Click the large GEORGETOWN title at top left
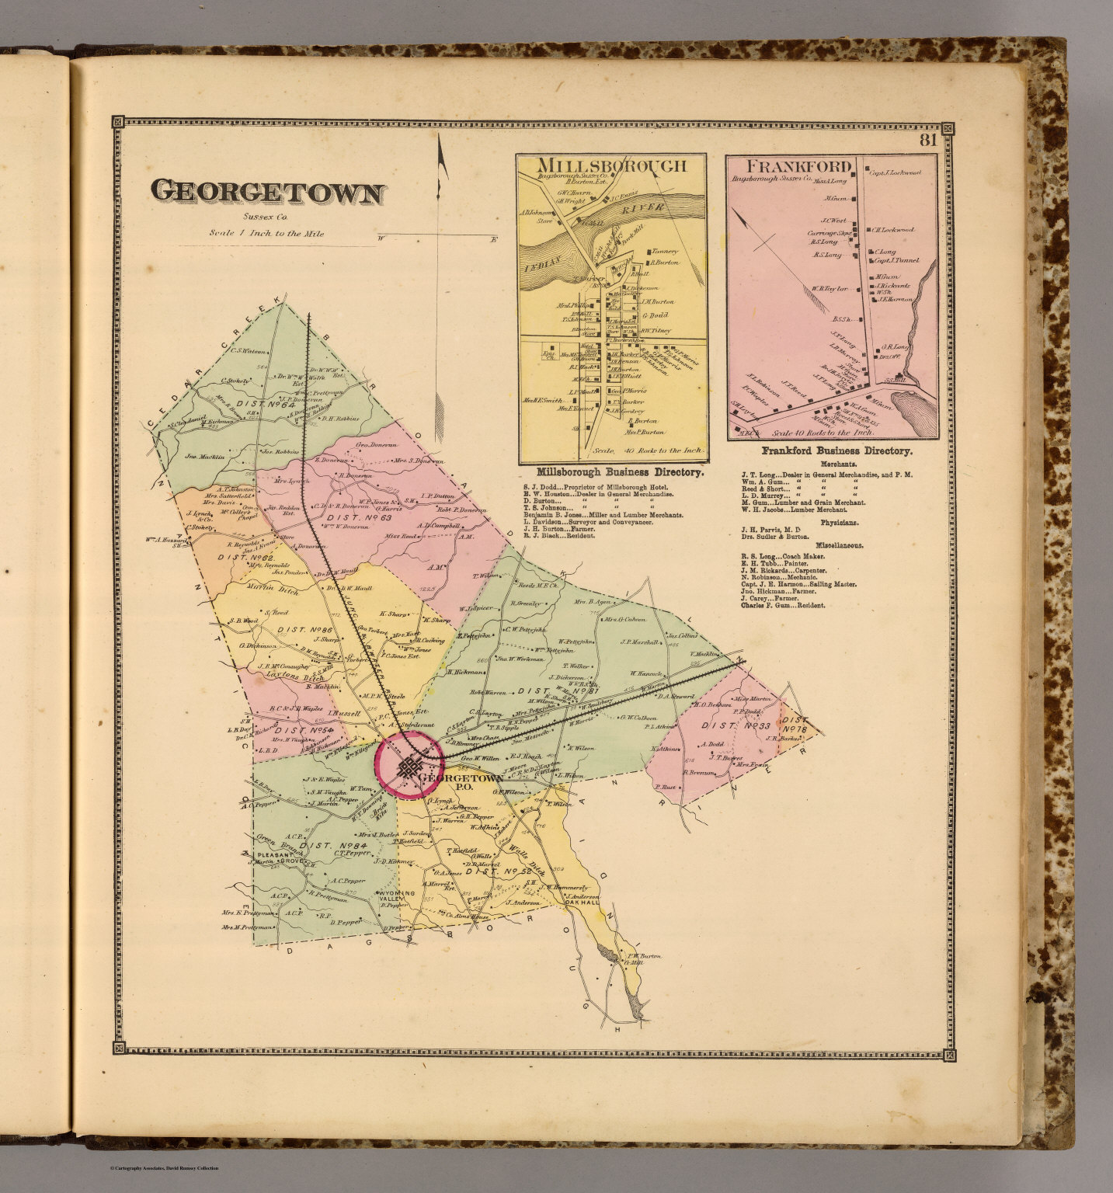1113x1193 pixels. (x=266, y=193)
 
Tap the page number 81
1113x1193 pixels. (x=927, y=141)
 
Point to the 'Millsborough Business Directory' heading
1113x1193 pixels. (x=620, y=471)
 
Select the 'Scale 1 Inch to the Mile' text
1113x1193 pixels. (x=266, y=233)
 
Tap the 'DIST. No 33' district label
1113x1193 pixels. (x=729, y=725)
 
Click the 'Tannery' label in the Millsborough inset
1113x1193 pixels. (x=666, y=251)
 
